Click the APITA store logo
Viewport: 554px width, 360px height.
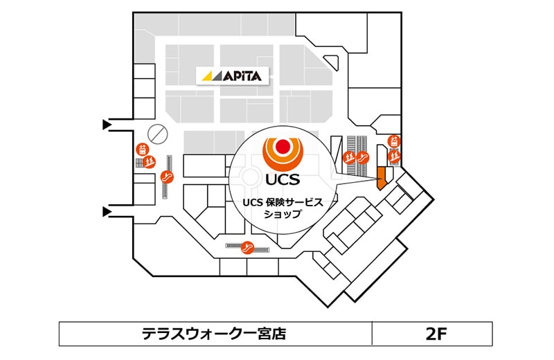(x=231, y=76)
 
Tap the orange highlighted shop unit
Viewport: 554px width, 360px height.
(x=379, y=177)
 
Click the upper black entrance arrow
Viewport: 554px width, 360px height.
(x=107, y=125)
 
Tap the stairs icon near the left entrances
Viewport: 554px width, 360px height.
(x=148, y=163)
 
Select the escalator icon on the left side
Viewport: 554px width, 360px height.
(x=166, y=177)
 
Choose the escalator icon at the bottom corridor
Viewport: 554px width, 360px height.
(x=247, y=247)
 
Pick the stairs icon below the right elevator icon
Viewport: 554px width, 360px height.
(x=394, y=156)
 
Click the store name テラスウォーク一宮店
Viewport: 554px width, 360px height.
(x=213, y=334)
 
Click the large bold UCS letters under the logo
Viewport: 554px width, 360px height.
(x=282, y=180)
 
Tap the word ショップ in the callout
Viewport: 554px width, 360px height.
(x=282, y=215)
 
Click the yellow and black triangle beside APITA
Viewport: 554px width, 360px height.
(x=211, y=76)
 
